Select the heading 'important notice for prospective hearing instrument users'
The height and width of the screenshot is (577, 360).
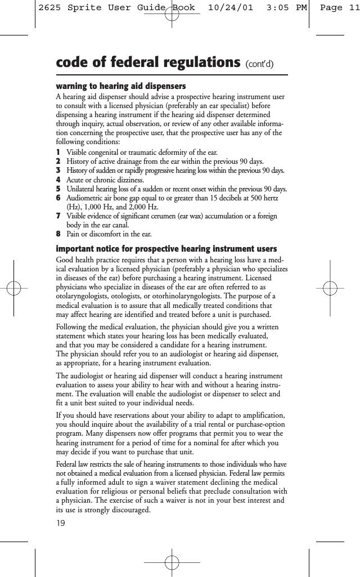click(166, 249)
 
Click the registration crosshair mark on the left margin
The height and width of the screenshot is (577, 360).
click(17, 289)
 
